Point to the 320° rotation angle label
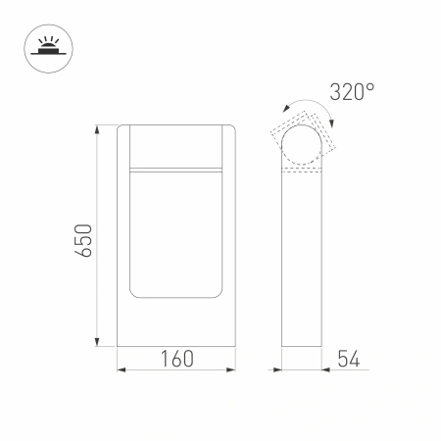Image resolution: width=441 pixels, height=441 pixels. (x=353, y=93)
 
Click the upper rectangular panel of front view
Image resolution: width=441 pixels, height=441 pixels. (x=177, y=147)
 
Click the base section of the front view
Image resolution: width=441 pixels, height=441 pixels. (x=177, y=323)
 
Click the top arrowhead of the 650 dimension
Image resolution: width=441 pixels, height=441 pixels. (x=97, y=129)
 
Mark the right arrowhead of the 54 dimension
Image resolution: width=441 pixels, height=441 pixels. (x=326, y=369)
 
